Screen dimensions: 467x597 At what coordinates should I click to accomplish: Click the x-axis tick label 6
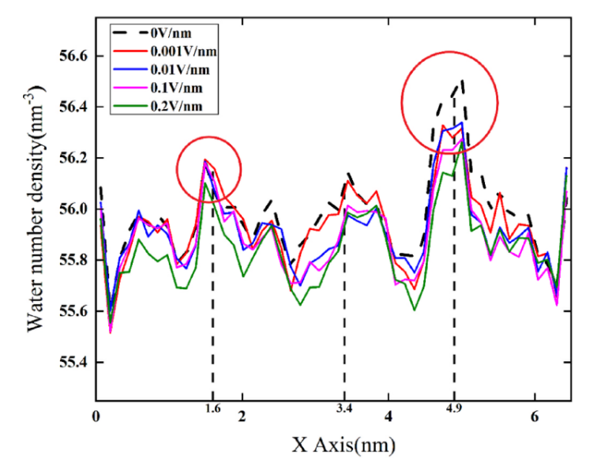(535, 416)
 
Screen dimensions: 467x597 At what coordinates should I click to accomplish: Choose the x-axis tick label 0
(96, 416)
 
